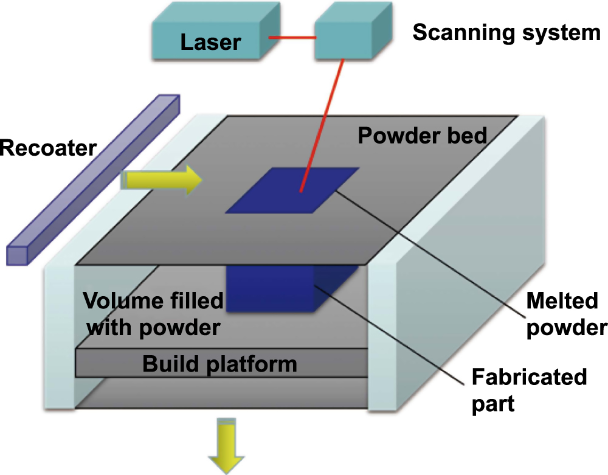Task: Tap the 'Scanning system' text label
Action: point(506,33)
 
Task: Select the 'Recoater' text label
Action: point(47,148)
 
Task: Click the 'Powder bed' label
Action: point(422,135)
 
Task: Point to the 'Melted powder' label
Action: point(566,314)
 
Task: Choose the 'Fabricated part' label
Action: point(530,390)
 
